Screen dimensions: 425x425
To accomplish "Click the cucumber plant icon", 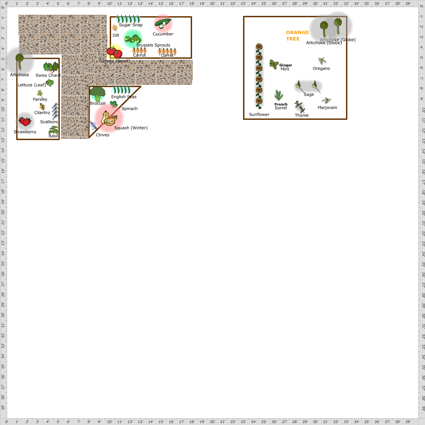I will pos(163,24).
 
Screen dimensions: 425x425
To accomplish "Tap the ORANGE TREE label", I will pos(297,35).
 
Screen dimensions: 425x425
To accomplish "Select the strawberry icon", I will pos(25,121).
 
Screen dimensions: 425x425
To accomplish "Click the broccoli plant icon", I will pos(98,94).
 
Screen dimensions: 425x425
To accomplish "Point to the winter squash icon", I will pos(109,118).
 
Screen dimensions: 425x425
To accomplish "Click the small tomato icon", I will pos(114,52).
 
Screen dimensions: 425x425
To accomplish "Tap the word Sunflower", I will pos(259,114).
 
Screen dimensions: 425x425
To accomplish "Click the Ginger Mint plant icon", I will pos(273,64).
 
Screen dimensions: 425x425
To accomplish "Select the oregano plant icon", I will pos(322,61).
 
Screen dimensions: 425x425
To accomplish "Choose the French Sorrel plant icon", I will pos(278,96).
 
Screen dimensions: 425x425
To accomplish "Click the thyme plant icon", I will pos(299,106).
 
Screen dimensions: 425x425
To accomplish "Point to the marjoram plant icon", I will pos(326,101).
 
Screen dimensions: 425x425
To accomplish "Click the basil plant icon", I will pos(53,130).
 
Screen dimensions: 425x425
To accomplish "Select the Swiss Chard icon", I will pos(51,67).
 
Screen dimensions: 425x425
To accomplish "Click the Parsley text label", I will pos(40,99).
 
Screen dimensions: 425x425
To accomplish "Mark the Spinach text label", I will pos(129,109).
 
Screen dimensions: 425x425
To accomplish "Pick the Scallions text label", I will pos(49,122).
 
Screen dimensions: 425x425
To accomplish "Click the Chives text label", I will pos(102,135).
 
